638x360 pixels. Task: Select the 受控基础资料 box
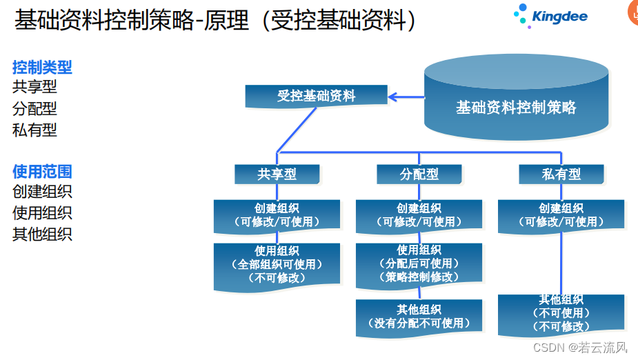pyautogui.click(x=316, y=96)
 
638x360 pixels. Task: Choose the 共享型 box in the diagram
pyautogui.click(x=277, y=174)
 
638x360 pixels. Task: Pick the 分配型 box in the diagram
pyautogui.click(x=419, y=174)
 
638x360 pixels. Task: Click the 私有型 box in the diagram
pyautogui.click(x=561, y=174)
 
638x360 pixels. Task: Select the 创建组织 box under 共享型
pyautogui.click(x=277, y=215)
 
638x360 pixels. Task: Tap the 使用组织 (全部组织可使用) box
pyautogui.click(x=277, y=264)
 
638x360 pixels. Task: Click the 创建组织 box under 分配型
pyautogui.click(x=419, y=215)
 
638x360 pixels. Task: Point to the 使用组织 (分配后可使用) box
pyautogui.click(x=419, y=264)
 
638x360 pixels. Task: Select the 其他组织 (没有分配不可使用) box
pyautogui.click(x=419, y=317)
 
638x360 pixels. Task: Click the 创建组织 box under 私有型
pyautogui.click(x=561, y=215)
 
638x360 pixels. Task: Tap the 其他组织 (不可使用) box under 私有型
pyautogui.click(x=561, y=314)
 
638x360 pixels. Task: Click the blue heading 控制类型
pyautogui.click(x=42, y=67)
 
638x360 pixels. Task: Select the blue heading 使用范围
pyautogui.click(x=42, y=172)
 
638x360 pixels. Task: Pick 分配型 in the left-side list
pyautogui.click(x=34, y=108)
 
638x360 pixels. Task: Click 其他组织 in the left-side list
pyautogui.click(x=42, y=234)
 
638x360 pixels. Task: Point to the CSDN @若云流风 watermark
pyautogui.click(x=580, y=347)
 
